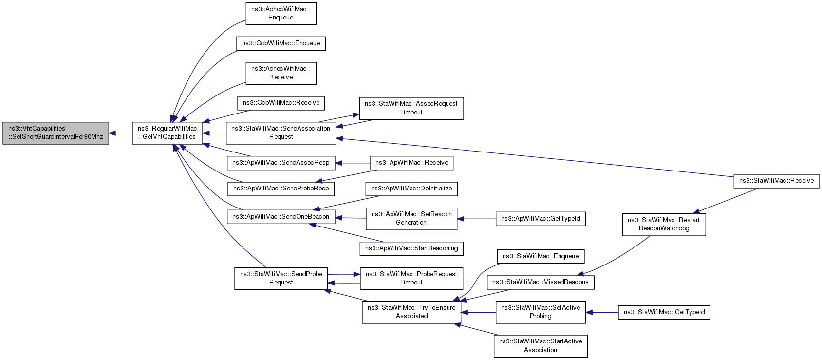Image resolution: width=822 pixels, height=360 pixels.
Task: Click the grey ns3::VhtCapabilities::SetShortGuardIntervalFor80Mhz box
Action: click(x=56, y=133)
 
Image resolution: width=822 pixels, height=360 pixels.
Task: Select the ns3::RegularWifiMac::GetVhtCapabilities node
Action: click(x=168, y=133)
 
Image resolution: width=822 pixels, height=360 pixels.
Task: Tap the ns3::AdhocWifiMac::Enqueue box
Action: click(x=280, y=14)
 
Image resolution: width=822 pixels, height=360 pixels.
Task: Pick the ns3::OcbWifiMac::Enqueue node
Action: click(x=280, y=43)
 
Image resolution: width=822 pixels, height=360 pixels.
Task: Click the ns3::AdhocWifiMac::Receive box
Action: click(x=280, y=73)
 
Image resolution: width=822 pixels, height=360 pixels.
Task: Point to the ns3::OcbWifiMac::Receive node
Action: click(x=280, y=103)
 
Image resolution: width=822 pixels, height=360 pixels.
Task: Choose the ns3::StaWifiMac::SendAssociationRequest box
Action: click(x=280, y=133)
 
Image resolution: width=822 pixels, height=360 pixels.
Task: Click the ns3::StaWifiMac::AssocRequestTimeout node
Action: click(x=411, y=108)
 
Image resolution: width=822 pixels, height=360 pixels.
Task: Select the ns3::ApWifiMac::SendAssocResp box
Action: click(x=280, y=163)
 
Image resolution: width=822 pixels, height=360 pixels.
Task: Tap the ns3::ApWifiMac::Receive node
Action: click(x=411, y=163)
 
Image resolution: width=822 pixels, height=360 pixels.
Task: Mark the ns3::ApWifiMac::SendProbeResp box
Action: click(x=280, y=189)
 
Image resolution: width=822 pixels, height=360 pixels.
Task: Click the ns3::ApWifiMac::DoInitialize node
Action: click(x=411, y=189)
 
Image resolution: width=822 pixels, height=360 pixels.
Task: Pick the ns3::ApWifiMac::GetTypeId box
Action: click(x=541, y=219)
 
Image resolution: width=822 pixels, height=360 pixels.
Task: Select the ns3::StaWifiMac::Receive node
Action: click(x=776, y=181)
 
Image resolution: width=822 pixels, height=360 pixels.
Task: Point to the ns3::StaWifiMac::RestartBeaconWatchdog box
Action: click(x=664, y=224)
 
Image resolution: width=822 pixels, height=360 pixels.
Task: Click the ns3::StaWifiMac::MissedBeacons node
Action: click(x=541, y=282)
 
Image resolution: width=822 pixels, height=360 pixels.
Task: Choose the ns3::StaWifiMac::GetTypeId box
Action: click(x=664, y=312)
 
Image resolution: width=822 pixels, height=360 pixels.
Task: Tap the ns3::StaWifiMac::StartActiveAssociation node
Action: click(x=541, y=346)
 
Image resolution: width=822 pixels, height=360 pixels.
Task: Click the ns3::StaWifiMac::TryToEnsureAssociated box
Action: click(x=411, y=312)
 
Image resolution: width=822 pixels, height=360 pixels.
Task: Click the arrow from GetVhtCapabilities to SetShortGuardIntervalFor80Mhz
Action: click(x=121, y=133)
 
